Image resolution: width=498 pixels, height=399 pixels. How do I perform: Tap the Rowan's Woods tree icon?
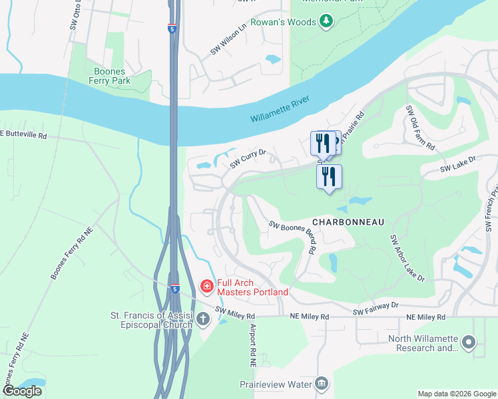pos(326,23)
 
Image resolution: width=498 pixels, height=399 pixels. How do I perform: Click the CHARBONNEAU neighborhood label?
pos(348,222)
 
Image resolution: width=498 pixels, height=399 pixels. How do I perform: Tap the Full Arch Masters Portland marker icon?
pos(207,287)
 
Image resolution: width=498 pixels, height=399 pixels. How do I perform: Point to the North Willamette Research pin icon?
pos(469,343)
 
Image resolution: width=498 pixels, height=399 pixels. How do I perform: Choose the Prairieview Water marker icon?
pos(322,384)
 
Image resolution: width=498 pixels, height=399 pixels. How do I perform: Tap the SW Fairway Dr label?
pos(375,307)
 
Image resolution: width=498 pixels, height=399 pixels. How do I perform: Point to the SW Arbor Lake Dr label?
pos(407,258)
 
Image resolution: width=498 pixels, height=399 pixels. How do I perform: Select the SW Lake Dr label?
pos(459,165)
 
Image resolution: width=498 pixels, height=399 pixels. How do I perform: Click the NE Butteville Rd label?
pos(24,134)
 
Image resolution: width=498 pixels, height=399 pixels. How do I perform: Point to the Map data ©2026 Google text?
pos(456,394)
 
